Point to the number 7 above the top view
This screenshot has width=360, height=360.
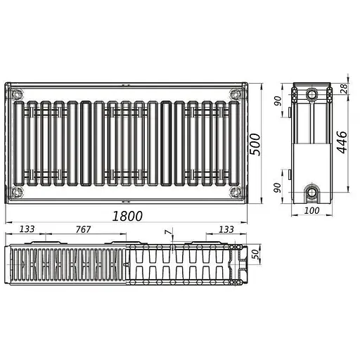[x=167, y=231]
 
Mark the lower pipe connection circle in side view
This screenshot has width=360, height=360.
[x=311, y=191]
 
